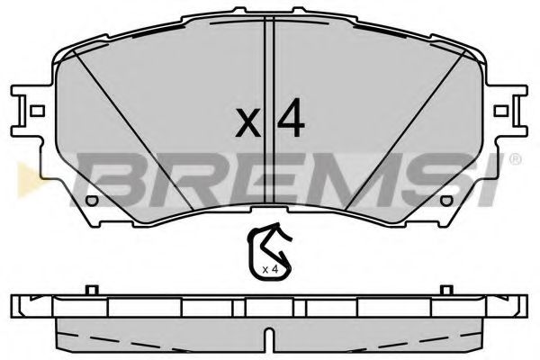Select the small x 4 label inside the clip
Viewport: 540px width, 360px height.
[x=267, y=269]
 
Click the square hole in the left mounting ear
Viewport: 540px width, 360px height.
[x=37, y=112]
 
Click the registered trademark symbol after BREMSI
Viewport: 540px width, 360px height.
[x=514, y=159]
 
